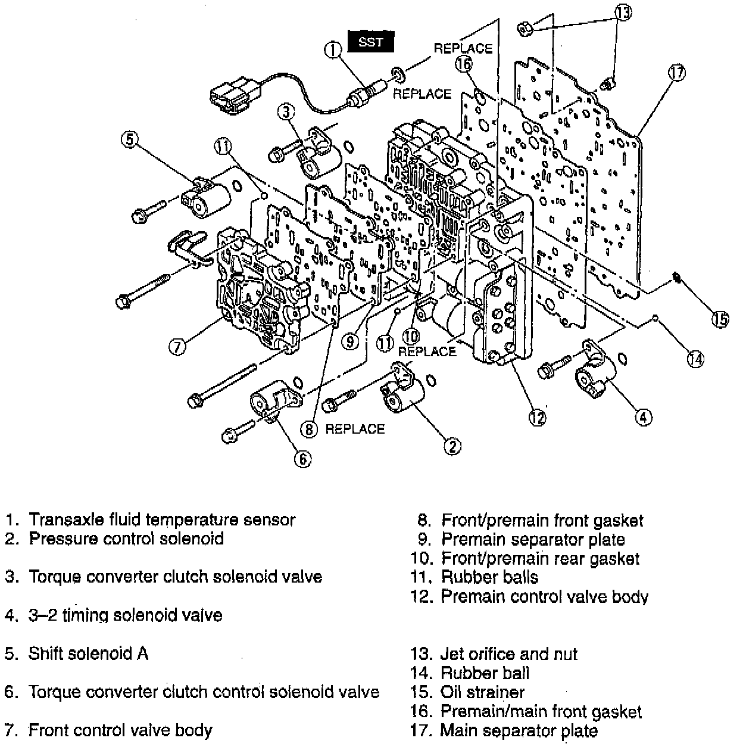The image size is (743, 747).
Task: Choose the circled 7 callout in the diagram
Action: pos(177,346)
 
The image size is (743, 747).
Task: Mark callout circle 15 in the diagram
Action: pos(721,319)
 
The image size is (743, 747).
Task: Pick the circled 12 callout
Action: pos(538,417)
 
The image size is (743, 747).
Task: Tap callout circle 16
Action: pos(465,63)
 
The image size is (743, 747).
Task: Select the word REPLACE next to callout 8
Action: pos(355,429)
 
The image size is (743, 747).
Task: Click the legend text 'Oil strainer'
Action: pos(482,692)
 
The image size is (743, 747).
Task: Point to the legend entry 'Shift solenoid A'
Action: pos(88,653)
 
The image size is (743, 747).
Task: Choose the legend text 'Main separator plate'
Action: pos(519,730)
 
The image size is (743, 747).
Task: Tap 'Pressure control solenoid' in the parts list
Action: pos(126,539)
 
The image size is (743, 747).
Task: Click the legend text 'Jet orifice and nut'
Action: pos(508,654)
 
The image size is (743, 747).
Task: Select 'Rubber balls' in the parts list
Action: pos(489,577)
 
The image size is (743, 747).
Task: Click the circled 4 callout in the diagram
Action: pos(642,418)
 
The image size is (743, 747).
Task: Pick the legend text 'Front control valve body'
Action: pos(120,730)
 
